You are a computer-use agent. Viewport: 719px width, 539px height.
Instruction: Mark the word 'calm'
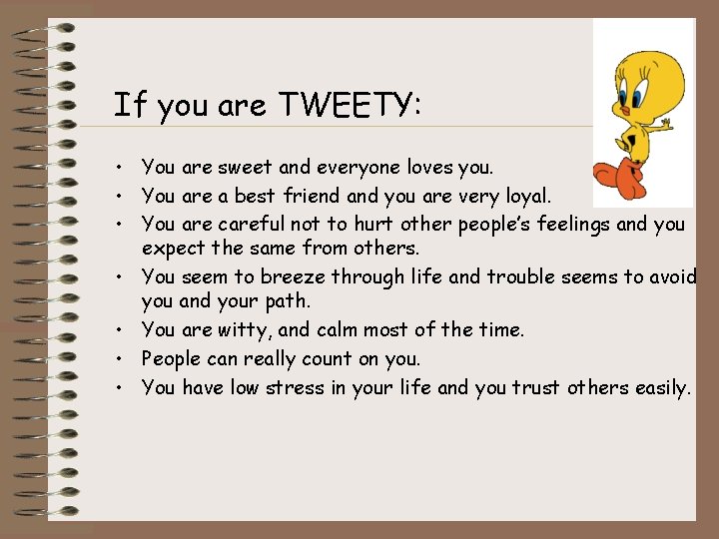337,329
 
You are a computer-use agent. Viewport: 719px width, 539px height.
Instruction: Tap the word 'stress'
295,387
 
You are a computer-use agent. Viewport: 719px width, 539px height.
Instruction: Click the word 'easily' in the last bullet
661,387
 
